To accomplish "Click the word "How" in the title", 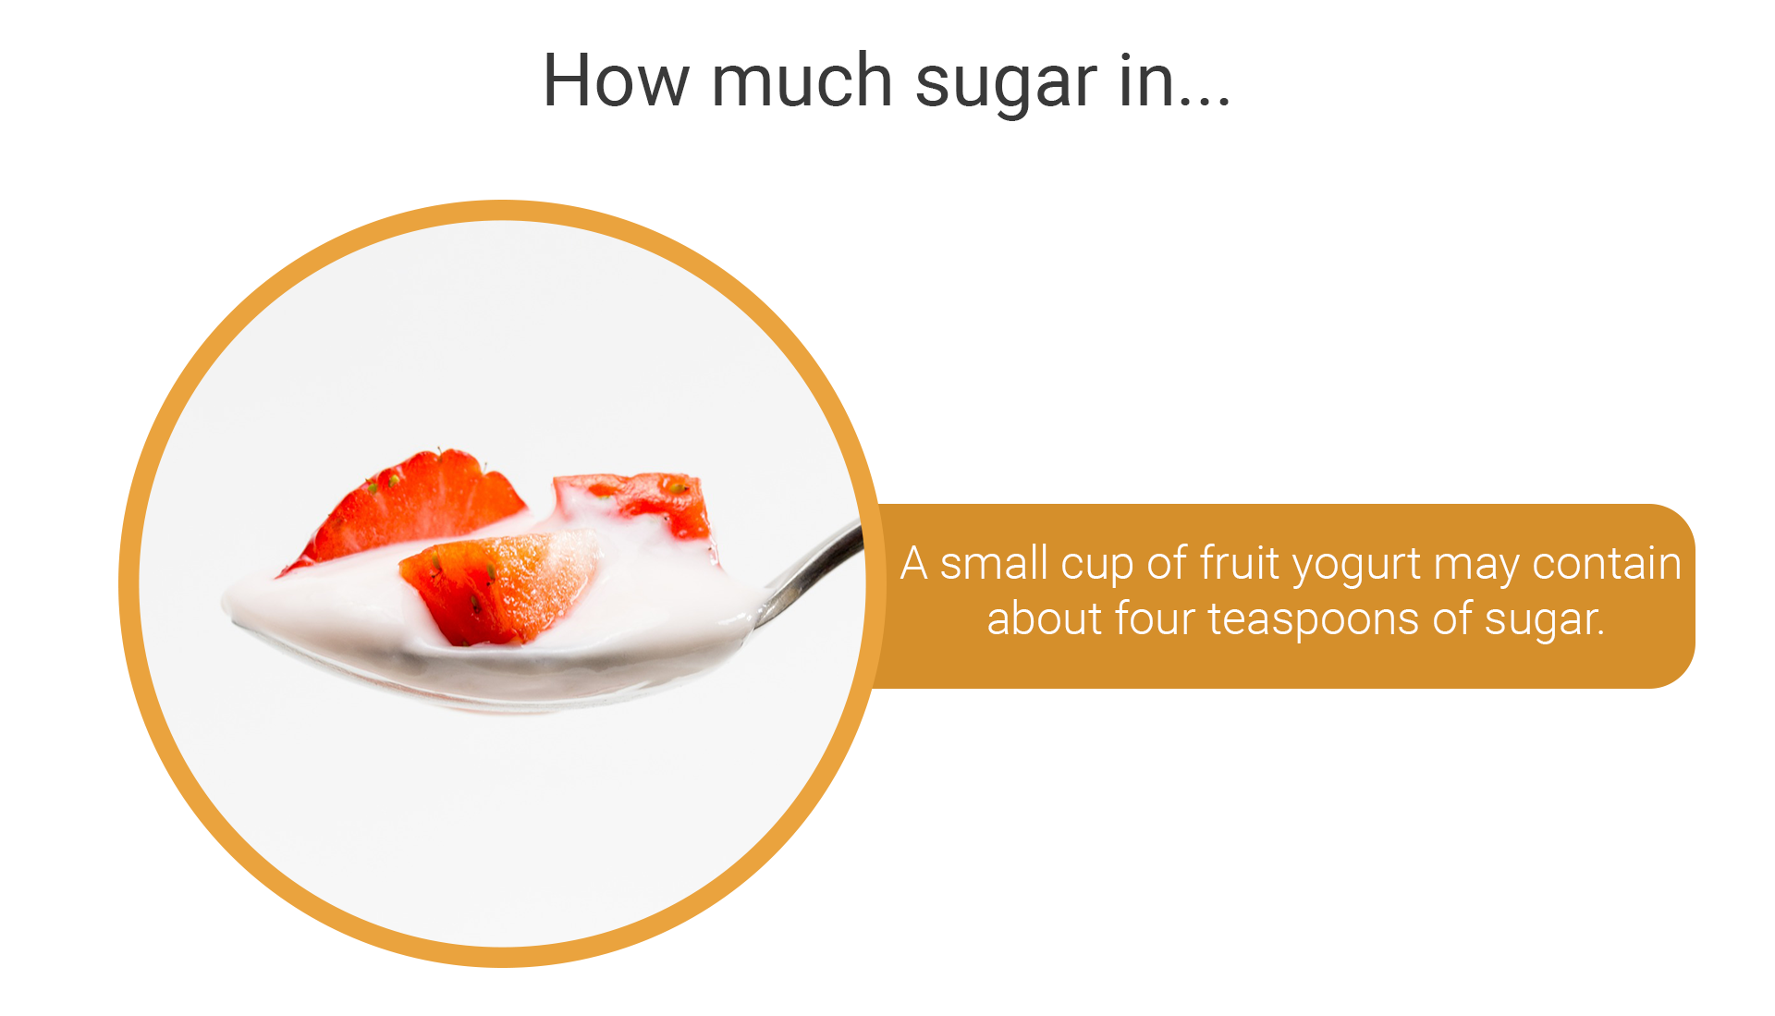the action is [x=616, y=80].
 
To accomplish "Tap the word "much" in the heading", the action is [x=802, y=80].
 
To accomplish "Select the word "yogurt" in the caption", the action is [x=1356, y=568].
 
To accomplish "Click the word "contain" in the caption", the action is [x=1607, y=563].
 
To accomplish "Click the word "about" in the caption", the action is [x=1045, y=618].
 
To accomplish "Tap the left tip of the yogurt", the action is [x=224, y=604].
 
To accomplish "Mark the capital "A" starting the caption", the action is [x=914, y=563].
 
